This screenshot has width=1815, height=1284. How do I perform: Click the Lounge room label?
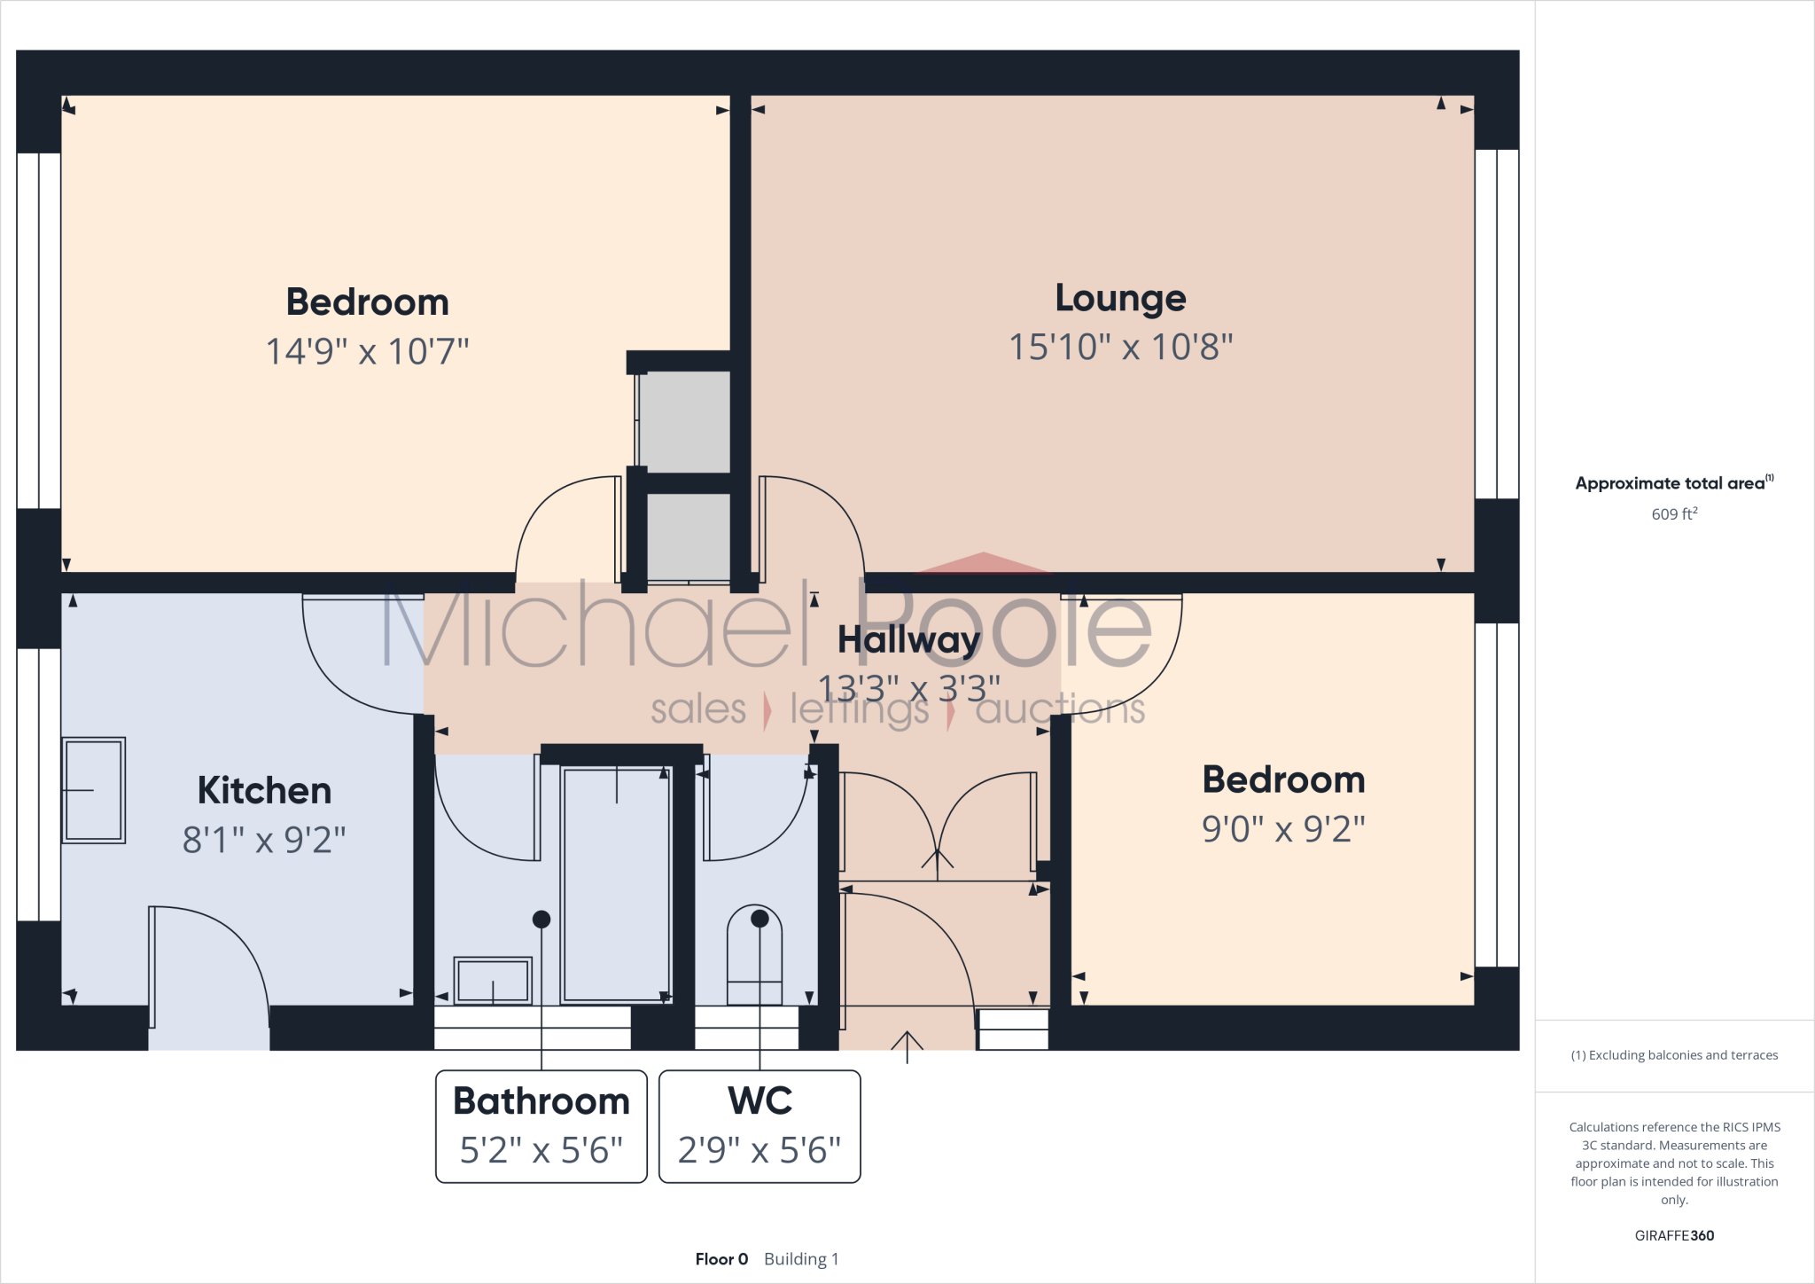[x=1120, y=299]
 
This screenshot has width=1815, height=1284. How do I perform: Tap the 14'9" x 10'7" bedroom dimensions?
[x=367, y=351]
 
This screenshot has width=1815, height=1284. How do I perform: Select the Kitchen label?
[x=264, y=790]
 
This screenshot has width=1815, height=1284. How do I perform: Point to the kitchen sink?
[x=93, y=789]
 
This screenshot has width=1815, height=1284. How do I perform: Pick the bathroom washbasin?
[x=493, y=981]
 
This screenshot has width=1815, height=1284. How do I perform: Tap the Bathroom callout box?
[x=541, y=1126]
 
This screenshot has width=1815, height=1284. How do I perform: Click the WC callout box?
[x=759, y=1126]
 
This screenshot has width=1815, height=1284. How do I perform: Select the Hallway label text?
[x=909, y=639]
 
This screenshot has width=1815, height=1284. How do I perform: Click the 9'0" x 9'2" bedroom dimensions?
[x=1283, y=829]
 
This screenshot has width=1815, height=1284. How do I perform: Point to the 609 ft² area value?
[x=1674, y=514]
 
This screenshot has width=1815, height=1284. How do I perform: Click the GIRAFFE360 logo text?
[x=1674, y=1235]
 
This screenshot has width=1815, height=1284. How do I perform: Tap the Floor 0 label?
[x=721, y=1259]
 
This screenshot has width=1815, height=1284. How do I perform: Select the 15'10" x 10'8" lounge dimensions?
[x=1121, y=347]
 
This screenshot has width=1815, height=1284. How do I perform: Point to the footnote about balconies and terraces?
[x=1674, y=1055]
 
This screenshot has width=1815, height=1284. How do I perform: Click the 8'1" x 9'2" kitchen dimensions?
[x=264, y=840]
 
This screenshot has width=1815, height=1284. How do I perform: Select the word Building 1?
[x=801, y=1259]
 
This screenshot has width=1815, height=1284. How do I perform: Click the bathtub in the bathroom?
[x=617, y=885]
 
